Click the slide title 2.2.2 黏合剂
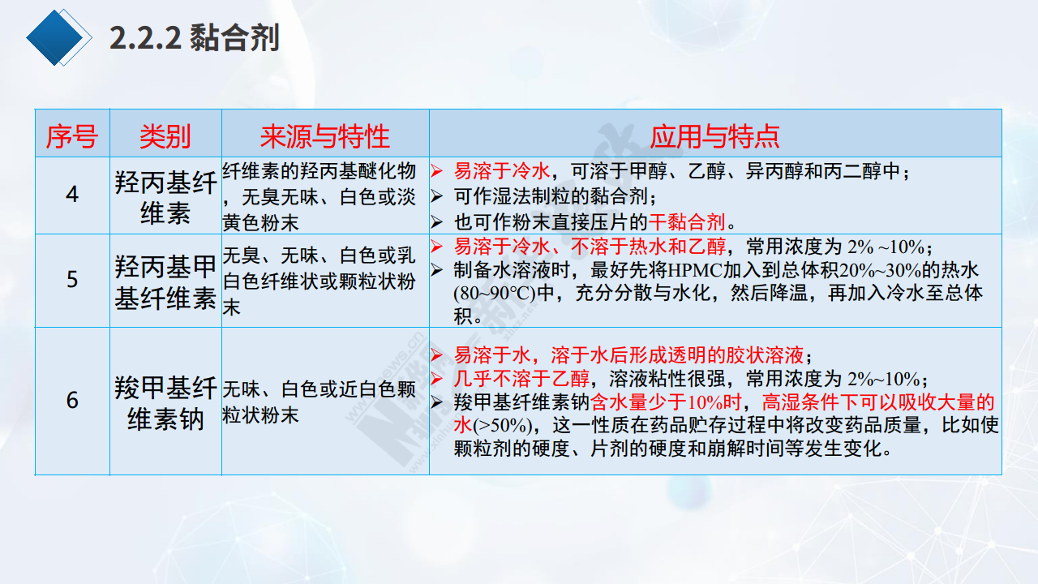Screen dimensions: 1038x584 (x=195, y=37)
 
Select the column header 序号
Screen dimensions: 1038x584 (x=72, y=137)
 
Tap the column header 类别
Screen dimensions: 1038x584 (x=165, y=137)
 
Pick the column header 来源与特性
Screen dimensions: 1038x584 (x=325, y=137)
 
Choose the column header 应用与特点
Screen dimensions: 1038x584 (x=715, y=137)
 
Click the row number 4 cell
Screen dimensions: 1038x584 (x=72, y=194)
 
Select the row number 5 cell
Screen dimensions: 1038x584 (x=72, y=280)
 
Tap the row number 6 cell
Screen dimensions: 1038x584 (x=72, y=400)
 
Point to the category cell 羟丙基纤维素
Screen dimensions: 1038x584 (x=165, y=198)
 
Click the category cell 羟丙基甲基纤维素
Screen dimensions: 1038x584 (x=165, y=282)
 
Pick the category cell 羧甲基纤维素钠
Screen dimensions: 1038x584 (x=165, y=403)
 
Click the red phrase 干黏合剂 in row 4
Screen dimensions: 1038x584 (x=687, y=222)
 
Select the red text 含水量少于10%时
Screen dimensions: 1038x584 (x=666, y=402)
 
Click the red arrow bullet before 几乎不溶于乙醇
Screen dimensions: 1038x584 (x=436, y=379)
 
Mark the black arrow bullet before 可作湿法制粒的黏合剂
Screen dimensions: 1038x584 (x=436, y=196)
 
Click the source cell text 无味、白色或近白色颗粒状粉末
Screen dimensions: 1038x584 (x=319, y=402)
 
